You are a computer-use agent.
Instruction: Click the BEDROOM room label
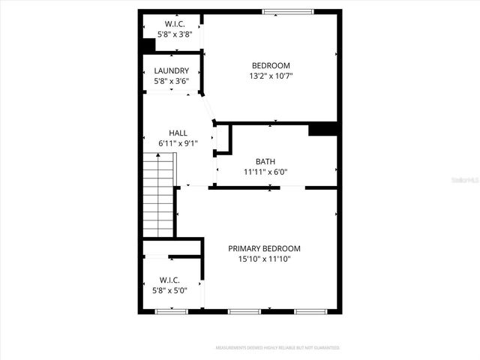click(x=270, y=65)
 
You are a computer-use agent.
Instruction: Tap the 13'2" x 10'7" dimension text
click(x=270, y=76)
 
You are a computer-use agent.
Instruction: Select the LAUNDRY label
click(x=171, y=71)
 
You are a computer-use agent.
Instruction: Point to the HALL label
click(x=178, y=133)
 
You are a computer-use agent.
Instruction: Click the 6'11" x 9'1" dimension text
click(x=178, y=143)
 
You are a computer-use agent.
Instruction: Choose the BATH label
click(x=265, y=161)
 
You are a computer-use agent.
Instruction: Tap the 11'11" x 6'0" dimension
click(x=265, y=172)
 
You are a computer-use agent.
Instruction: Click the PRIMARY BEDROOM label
click(x=264, y=249)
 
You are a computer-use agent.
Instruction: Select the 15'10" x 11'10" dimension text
click(x=264, y=259)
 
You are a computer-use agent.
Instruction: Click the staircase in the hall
click(x=158, y=194)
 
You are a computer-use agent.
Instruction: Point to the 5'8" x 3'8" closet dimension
click(x=172, y=34)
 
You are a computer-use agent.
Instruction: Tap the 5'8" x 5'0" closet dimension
click(x=169, y=290)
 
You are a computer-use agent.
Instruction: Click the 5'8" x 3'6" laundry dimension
click(x=171, y=81)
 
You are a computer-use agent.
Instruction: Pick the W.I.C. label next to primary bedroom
click(x=169, y=280)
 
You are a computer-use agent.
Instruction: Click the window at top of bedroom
click(x=288, y=11)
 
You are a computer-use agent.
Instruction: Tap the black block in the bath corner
click(x=322, y=129)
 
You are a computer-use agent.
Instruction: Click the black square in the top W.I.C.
click(x=148, y=45)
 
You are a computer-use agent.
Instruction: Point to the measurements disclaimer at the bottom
click(x=277, y=348)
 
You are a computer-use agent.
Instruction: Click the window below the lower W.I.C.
click(x=171, y=311)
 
